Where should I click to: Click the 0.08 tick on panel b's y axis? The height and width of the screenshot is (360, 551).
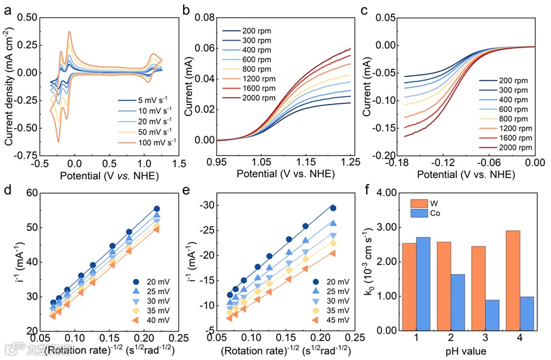(205, 17)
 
